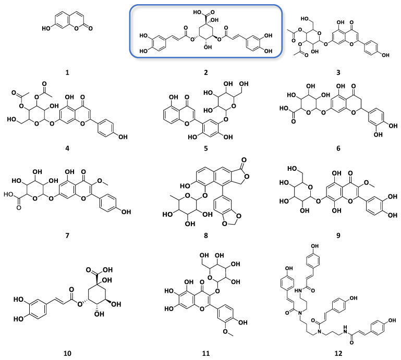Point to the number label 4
[x=68, y=153]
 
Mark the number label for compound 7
[x=68, y=242]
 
